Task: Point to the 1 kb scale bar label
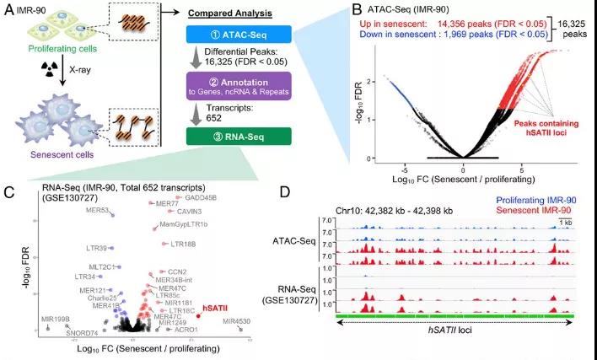click(x=567, y=222)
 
